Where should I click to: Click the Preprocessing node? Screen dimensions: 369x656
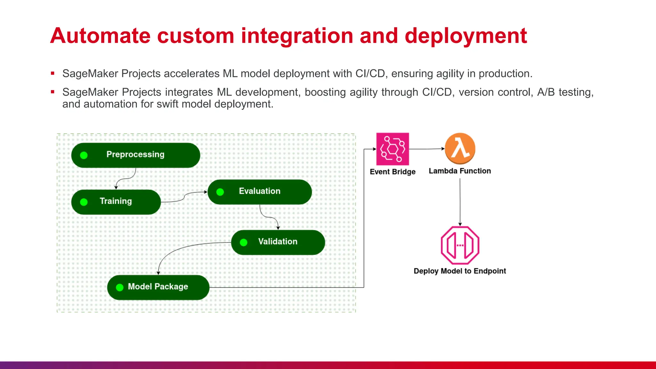click(x=135, y=155)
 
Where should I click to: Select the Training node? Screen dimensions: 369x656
click(x=116, y=202)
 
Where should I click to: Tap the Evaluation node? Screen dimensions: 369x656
click(x=259, y=192)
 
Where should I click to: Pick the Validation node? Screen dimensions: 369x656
click(x=278, y=242)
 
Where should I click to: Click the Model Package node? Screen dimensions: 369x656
click(x=158, y=287)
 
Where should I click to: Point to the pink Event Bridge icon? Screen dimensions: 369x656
click(x=392, y=149)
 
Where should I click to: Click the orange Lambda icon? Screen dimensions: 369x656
click(x=460, y=148)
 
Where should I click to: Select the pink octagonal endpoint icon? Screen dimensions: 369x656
click(x=460, y=245)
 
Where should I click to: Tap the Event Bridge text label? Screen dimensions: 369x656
click(x=392, y=172)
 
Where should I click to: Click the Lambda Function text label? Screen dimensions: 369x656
click(x=460, y=171)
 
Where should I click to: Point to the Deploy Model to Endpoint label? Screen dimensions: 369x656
click(x=460, y=271)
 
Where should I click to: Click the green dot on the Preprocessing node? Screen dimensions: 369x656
click(x=84, y=155)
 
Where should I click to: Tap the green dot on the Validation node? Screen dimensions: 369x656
click(x=243, y=242)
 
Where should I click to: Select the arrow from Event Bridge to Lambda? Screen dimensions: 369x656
click(x=427, y=149)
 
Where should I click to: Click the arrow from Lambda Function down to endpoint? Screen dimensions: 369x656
click(x=460, y=202)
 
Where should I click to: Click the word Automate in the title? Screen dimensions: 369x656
click(x=100, y=36)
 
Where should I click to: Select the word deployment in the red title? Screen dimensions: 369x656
click(x=466, y=36)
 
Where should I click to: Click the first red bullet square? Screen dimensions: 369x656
click(x=53, y=73)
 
